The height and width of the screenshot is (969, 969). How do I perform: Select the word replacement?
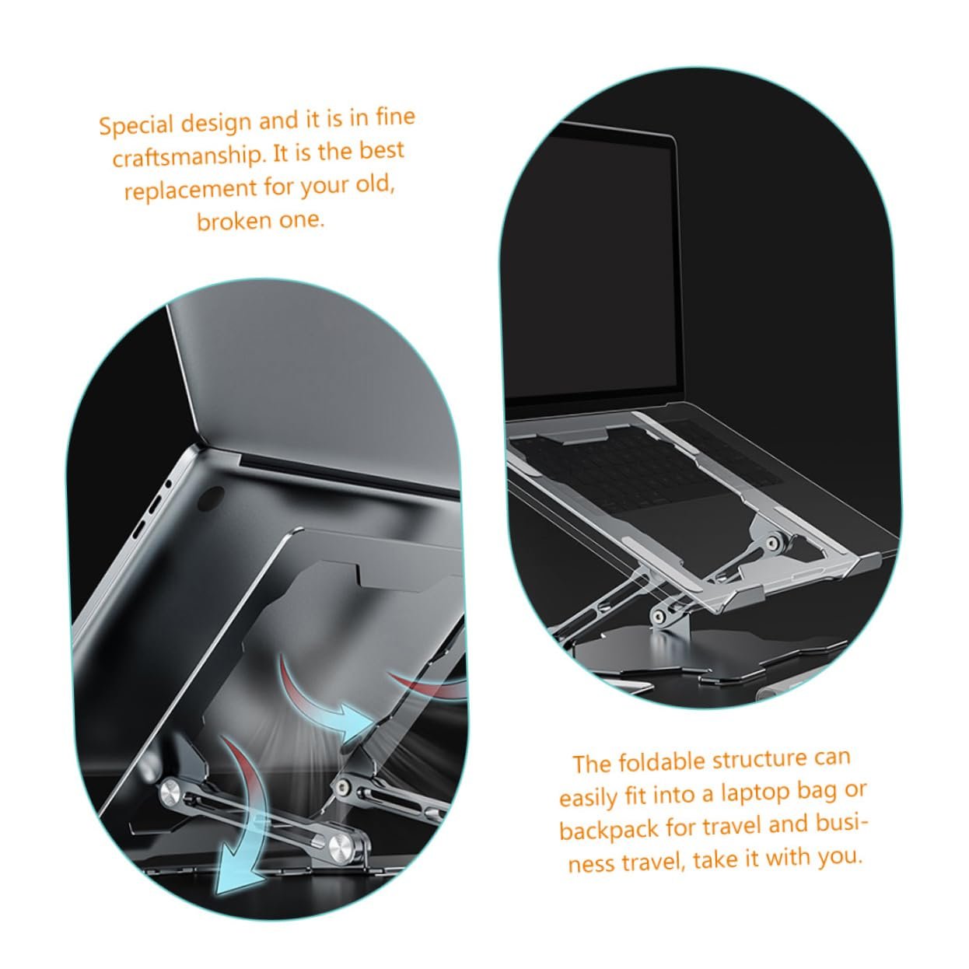(191, 189)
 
